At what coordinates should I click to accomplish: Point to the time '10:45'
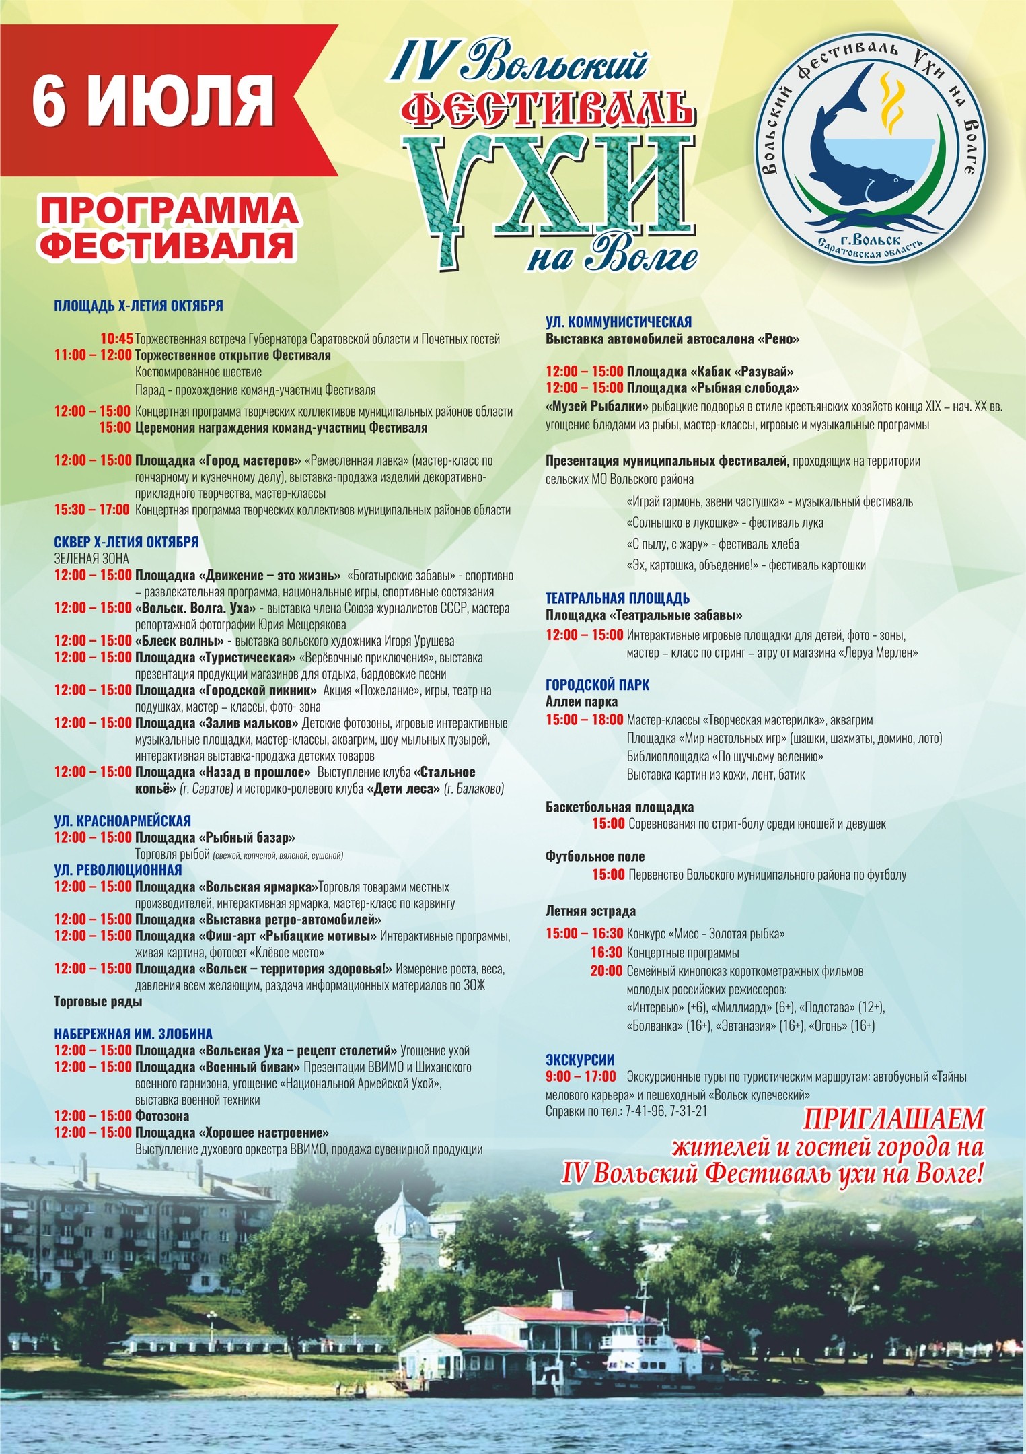116,339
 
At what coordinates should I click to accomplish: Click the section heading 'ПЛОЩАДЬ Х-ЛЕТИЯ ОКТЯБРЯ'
139,306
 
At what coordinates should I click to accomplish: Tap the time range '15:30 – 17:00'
92,510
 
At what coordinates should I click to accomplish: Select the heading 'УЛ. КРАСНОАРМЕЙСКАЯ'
122,821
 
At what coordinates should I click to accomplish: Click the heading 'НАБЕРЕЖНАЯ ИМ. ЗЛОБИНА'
133,1033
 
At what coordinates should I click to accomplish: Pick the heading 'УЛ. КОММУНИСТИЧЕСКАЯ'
618,322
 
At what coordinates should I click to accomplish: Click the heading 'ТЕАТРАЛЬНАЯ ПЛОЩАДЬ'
617,598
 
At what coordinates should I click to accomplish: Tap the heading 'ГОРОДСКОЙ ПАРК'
597,685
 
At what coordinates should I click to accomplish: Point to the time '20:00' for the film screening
606,971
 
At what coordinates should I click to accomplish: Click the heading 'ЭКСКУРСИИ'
580,1060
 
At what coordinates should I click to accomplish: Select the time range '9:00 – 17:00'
581,1076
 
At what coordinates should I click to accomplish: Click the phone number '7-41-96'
644,1111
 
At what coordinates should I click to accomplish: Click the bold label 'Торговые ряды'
98,1002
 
